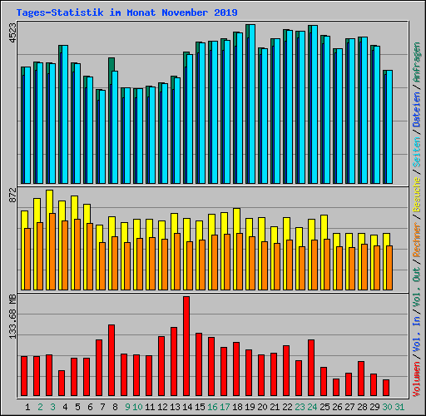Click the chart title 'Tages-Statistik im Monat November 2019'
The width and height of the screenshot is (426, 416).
pyautogui.click(x=126, y=12)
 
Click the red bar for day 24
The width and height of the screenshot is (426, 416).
pyautogui.click(x=311, y=367)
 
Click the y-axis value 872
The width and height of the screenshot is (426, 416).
pyautogui.click(x=12, y=197)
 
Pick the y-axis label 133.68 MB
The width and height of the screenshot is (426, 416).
pyautogui.click(x=12, y=317)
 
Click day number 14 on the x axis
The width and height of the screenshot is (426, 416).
pyautogui.click(x=186, y=406)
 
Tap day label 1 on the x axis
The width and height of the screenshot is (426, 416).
pyautogui.click(x=28, y=406)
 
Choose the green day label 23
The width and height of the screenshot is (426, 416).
pyautogui.click(x=299, y=406)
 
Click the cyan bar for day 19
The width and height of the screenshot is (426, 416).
pyautogui.click(x=250, y=104)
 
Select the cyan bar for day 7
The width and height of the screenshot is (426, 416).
pyautogui.click(x=101, y=137)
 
